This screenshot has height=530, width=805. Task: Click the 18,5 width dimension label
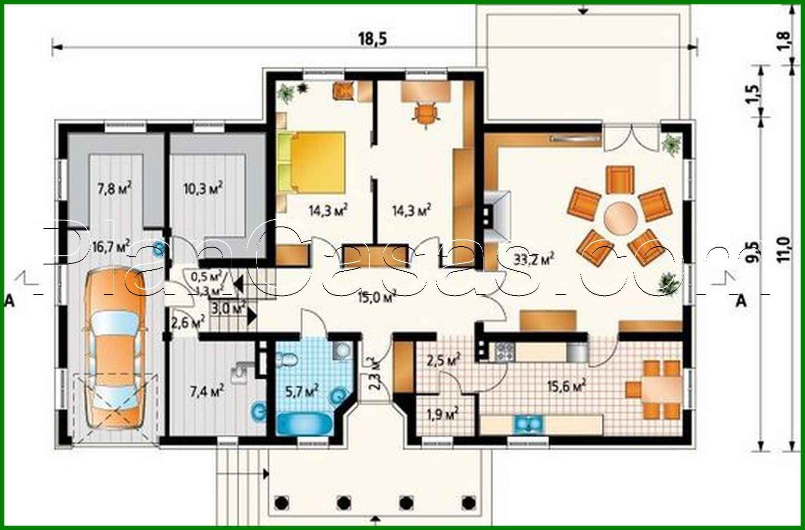pos(372,39)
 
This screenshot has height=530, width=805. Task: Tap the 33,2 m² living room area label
pos(533,259)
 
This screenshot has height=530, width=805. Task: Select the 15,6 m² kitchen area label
pos(567,386)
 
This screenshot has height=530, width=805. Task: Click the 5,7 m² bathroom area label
pos(302,391)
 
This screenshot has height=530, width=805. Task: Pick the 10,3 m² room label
pos(203,188)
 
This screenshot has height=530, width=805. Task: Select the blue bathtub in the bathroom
pos(305,424)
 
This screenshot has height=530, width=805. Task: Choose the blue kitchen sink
pos(529,424)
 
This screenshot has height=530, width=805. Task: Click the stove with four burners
pos(504,351)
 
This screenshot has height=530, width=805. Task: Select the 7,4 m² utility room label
pos(207,391)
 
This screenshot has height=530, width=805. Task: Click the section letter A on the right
pos(741,301)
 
